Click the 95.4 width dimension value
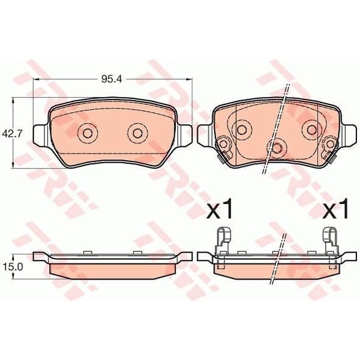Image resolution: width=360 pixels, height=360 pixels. point(111,79)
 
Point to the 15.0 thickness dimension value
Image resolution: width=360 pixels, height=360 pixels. point(12,267)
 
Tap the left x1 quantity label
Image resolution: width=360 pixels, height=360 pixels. point(219,208)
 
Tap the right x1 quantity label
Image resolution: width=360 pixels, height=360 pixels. point(335,208)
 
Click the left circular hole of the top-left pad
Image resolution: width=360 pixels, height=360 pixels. point(88,133)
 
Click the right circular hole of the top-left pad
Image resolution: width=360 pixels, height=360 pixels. point(137,133)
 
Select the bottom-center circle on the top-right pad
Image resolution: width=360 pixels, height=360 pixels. point(277,148)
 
